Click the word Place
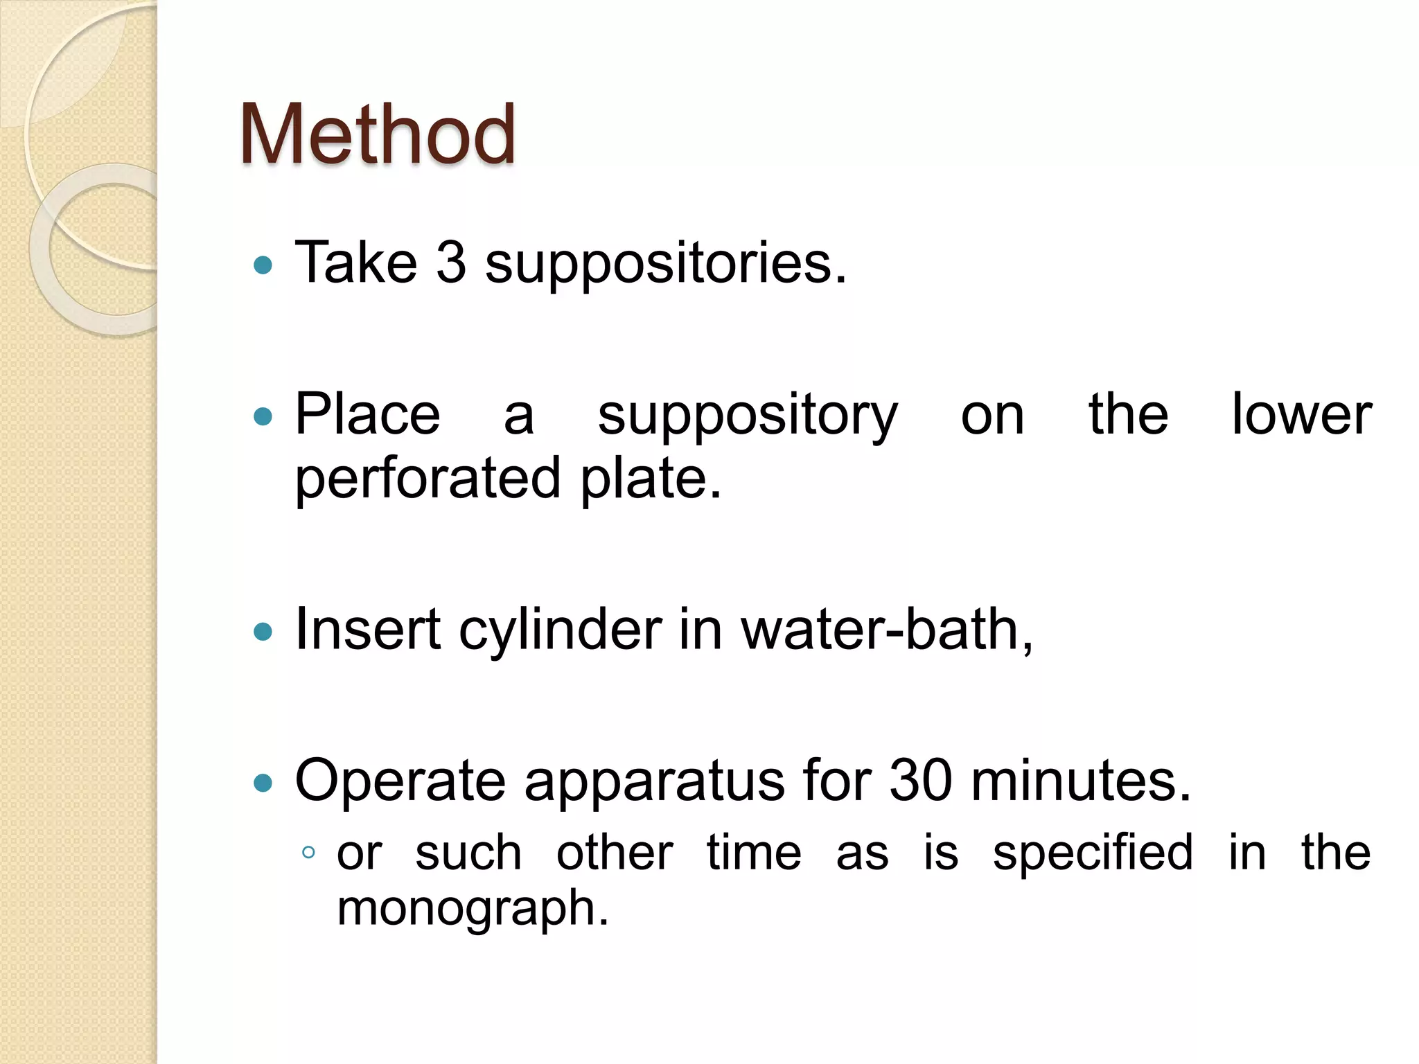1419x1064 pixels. (367, 414)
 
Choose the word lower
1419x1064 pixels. (1301, 414)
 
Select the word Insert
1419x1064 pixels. (367, 630)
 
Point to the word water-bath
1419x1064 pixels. (887, 630)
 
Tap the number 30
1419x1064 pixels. (921, 781)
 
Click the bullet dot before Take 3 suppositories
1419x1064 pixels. (263, 265)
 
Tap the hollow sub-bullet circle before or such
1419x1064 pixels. (309, 853)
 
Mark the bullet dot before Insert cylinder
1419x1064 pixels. (263, 632)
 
